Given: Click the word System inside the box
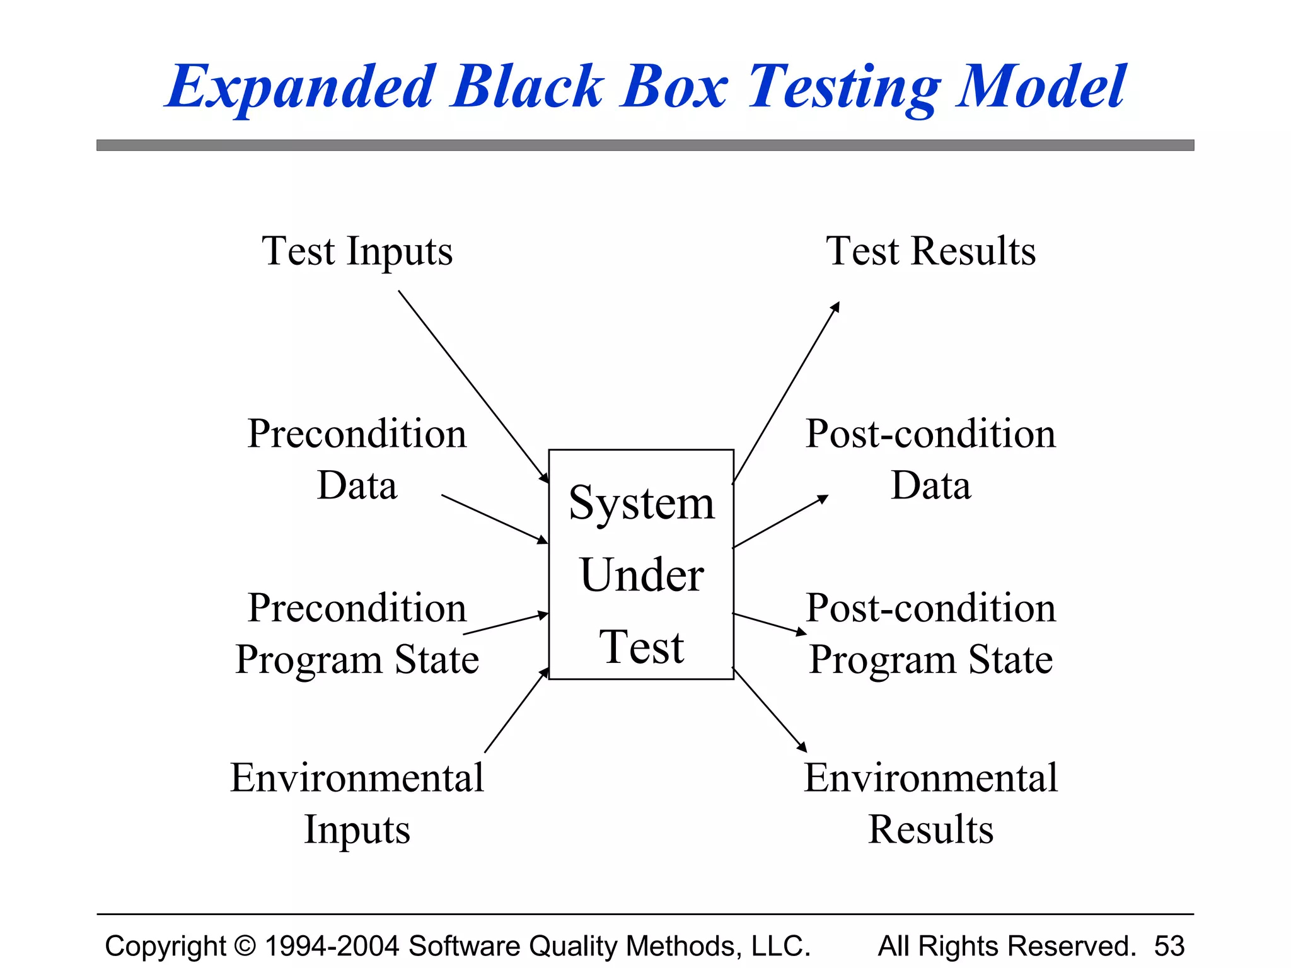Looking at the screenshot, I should tap(642, 504).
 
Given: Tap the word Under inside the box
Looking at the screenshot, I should tap(642, 575).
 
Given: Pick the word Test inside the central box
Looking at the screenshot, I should tap(642, 647).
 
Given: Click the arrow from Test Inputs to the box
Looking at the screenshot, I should tap(473, 386).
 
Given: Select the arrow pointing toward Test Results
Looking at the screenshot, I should tap(786, 393).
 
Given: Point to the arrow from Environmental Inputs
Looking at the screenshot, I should tap(516, 710).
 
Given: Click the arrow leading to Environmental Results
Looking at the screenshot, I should tap(770, 710).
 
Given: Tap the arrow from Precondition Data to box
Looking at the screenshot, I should tap(494, 519).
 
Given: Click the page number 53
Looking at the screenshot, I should tap(1169, 946).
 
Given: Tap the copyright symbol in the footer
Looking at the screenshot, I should tap(245, 946).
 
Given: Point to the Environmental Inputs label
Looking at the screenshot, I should tap(357, 804).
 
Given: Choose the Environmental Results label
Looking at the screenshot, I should tap(930, 804).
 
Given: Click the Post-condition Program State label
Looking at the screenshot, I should tap(930, 633).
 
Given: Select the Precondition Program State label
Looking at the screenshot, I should tap(357, 633).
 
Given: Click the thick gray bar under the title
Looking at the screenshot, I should tap(645, 146).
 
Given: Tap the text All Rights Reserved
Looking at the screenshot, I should tap(1007, 946).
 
